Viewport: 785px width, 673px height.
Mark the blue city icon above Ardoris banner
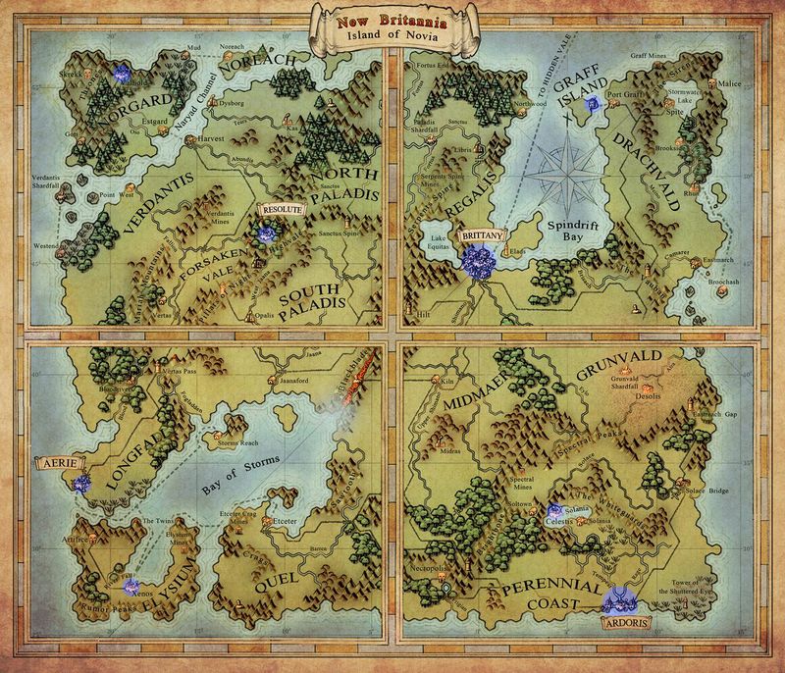click(620, 595)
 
